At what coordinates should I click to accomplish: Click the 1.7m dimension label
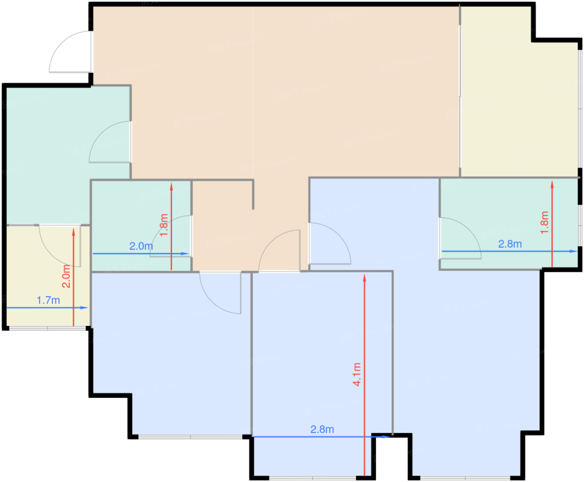coord(48,300)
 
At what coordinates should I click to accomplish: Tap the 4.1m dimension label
coord(357,374)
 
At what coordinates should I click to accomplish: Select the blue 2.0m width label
coord(141,246)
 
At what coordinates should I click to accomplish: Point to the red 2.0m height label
coord(66,276)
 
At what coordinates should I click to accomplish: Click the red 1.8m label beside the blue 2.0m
coord(164,225)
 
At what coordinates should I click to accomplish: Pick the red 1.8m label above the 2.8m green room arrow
coord(544,222)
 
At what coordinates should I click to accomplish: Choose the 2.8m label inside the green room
coord(510,244)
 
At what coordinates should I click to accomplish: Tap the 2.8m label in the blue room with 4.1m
coord(322,429)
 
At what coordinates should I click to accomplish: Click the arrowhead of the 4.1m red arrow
coord(365,278)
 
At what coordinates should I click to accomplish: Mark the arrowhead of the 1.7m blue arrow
coord(84,308)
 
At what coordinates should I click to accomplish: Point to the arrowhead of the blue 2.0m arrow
coord(185,254)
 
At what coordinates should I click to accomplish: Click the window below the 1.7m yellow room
coord(48,328)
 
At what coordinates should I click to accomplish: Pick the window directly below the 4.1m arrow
coord(313,478)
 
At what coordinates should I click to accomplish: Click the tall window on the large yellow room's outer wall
coord(580,109)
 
